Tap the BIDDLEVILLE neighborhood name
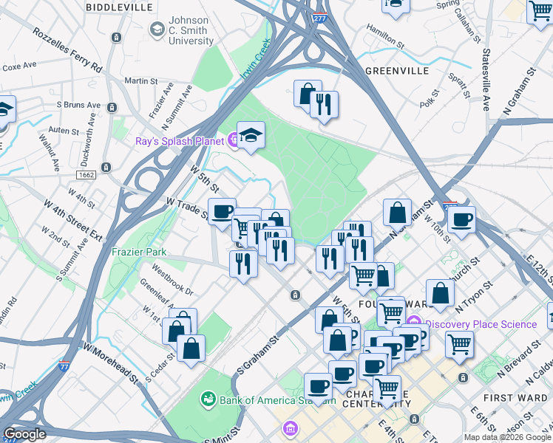click(x=120, y=7)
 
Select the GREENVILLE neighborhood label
click(x=397, y=71)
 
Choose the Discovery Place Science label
click(x=481, y=324)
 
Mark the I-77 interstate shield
click(x=66, y=365)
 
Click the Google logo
click(x=24, y=434)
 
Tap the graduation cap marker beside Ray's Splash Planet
click(x=251, y=135)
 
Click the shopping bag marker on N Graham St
click(x=397, y=212)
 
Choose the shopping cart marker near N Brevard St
click(x=459, y=343)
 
